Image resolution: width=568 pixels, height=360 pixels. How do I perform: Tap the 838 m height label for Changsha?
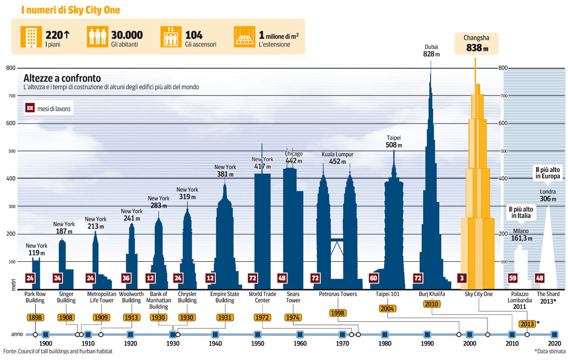pos(477,49)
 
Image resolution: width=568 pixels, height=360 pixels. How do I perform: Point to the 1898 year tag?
pos(35,317)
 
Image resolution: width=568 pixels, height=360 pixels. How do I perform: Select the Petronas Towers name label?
pos(338,294)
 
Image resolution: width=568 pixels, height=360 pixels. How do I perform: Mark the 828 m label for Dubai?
pos(431,54)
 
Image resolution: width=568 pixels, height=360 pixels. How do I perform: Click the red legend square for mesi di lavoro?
pos(30,108)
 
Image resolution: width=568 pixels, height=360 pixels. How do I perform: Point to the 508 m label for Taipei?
pos(394,146)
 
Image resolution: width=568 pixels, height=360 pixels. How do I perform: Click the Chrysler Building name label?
pos(187,297)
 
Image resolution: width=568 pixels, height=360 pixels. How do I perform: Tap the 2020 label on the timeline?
pos(554,343)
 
